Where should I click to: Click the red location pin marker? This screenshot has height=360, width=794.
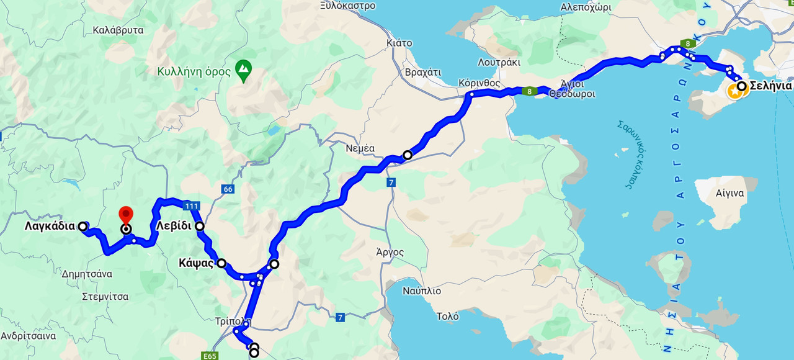click(126, 215)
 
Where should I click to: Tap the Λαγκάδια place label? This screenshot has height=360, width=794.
click(50, 227)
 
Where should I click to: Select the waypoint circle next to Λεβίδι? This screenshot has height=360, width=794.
click(200, 226)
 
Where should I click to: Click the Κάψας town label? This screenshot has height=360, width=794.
click(196, 263)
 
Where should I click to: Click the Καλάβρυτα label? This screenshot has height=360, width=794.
click(118, 30)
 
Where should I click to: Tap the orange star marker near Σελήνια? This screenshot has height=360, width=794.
click(735, 92)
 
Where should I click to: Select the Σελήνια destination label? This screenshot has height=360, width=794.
click(770, 86)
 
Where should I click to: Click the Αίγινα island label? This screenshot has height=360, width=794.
click(729, 193)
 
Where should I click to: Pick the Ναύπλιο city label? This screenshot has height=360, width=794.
click(421, 290)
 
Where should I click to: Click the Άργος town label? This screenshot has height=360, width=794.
click(390, 252)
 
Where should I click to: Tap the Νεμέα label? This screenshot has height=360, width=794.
click(360, 148)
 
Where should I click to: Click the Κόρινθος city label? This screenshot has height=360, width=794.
click(479, 83)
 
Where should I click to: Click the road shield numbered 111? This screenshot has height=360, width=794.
click(191, 205)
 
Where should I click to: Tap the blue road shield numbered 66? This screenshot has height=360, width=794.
click(228, 188)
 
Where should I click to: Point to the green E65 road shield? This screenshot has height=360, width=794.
click(210, 356)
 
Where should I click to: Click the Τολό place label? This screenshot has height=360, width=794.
click(447, 317)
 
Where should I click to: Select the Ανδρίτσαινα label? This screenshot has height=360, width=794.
click(28, 336)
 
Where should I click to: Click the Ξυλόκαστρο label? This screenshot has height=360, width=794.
click(348, 6)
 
